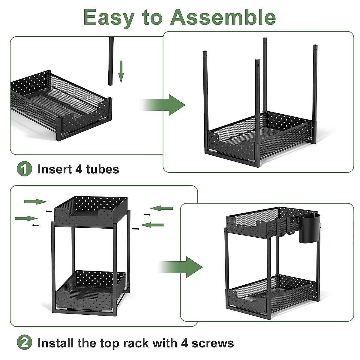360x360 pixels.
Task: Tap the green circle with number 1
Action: pos(24,169)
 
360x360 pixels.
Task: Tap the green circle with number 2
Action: pos(24,343)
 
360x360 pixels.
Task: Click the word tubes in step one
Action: pos(102,169)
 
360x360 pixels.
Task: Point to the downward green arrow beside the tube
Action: pos(121,71)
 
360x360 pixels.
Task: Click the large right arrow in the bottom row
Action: pos(181,267)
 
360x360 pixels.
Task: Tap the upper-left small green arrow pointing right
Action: pos(35,202)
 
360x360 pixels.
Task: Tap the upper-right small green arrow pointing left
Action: pos(162,208)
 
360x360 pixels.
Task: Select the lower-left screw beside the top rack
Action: pos(36,225)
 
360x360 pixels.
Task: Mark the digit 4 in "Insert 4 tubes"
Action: pos(79,169)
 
